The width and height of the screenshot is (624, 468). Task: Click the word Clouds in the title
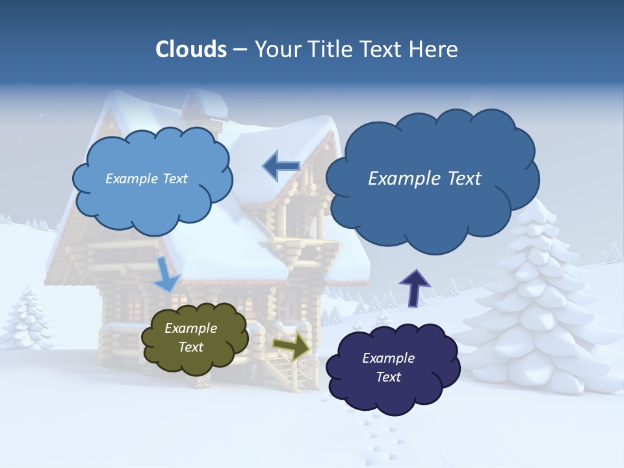[x=192, y=49]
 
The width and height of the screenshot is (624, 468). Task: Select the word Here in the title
[x=434, y=49]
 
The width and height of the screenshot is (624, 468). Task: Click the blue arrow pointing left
[x=281, y=166]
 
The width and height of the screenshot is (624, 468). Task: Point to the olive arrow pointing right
[x=291, y=345]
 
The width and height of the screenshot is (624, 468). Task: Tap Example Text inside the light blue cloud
[x=146, y=179]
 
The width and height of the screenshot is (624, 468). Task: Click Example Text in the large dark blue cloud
[x=424, y=179]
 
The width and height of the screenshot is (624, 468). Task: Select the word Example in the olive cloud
[x=190, y=329]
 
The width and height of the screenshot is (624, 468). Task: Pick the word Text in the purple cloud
[x=389, y=377]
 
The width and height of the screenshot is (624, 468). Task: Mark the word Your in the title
[x=276, y=49]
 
